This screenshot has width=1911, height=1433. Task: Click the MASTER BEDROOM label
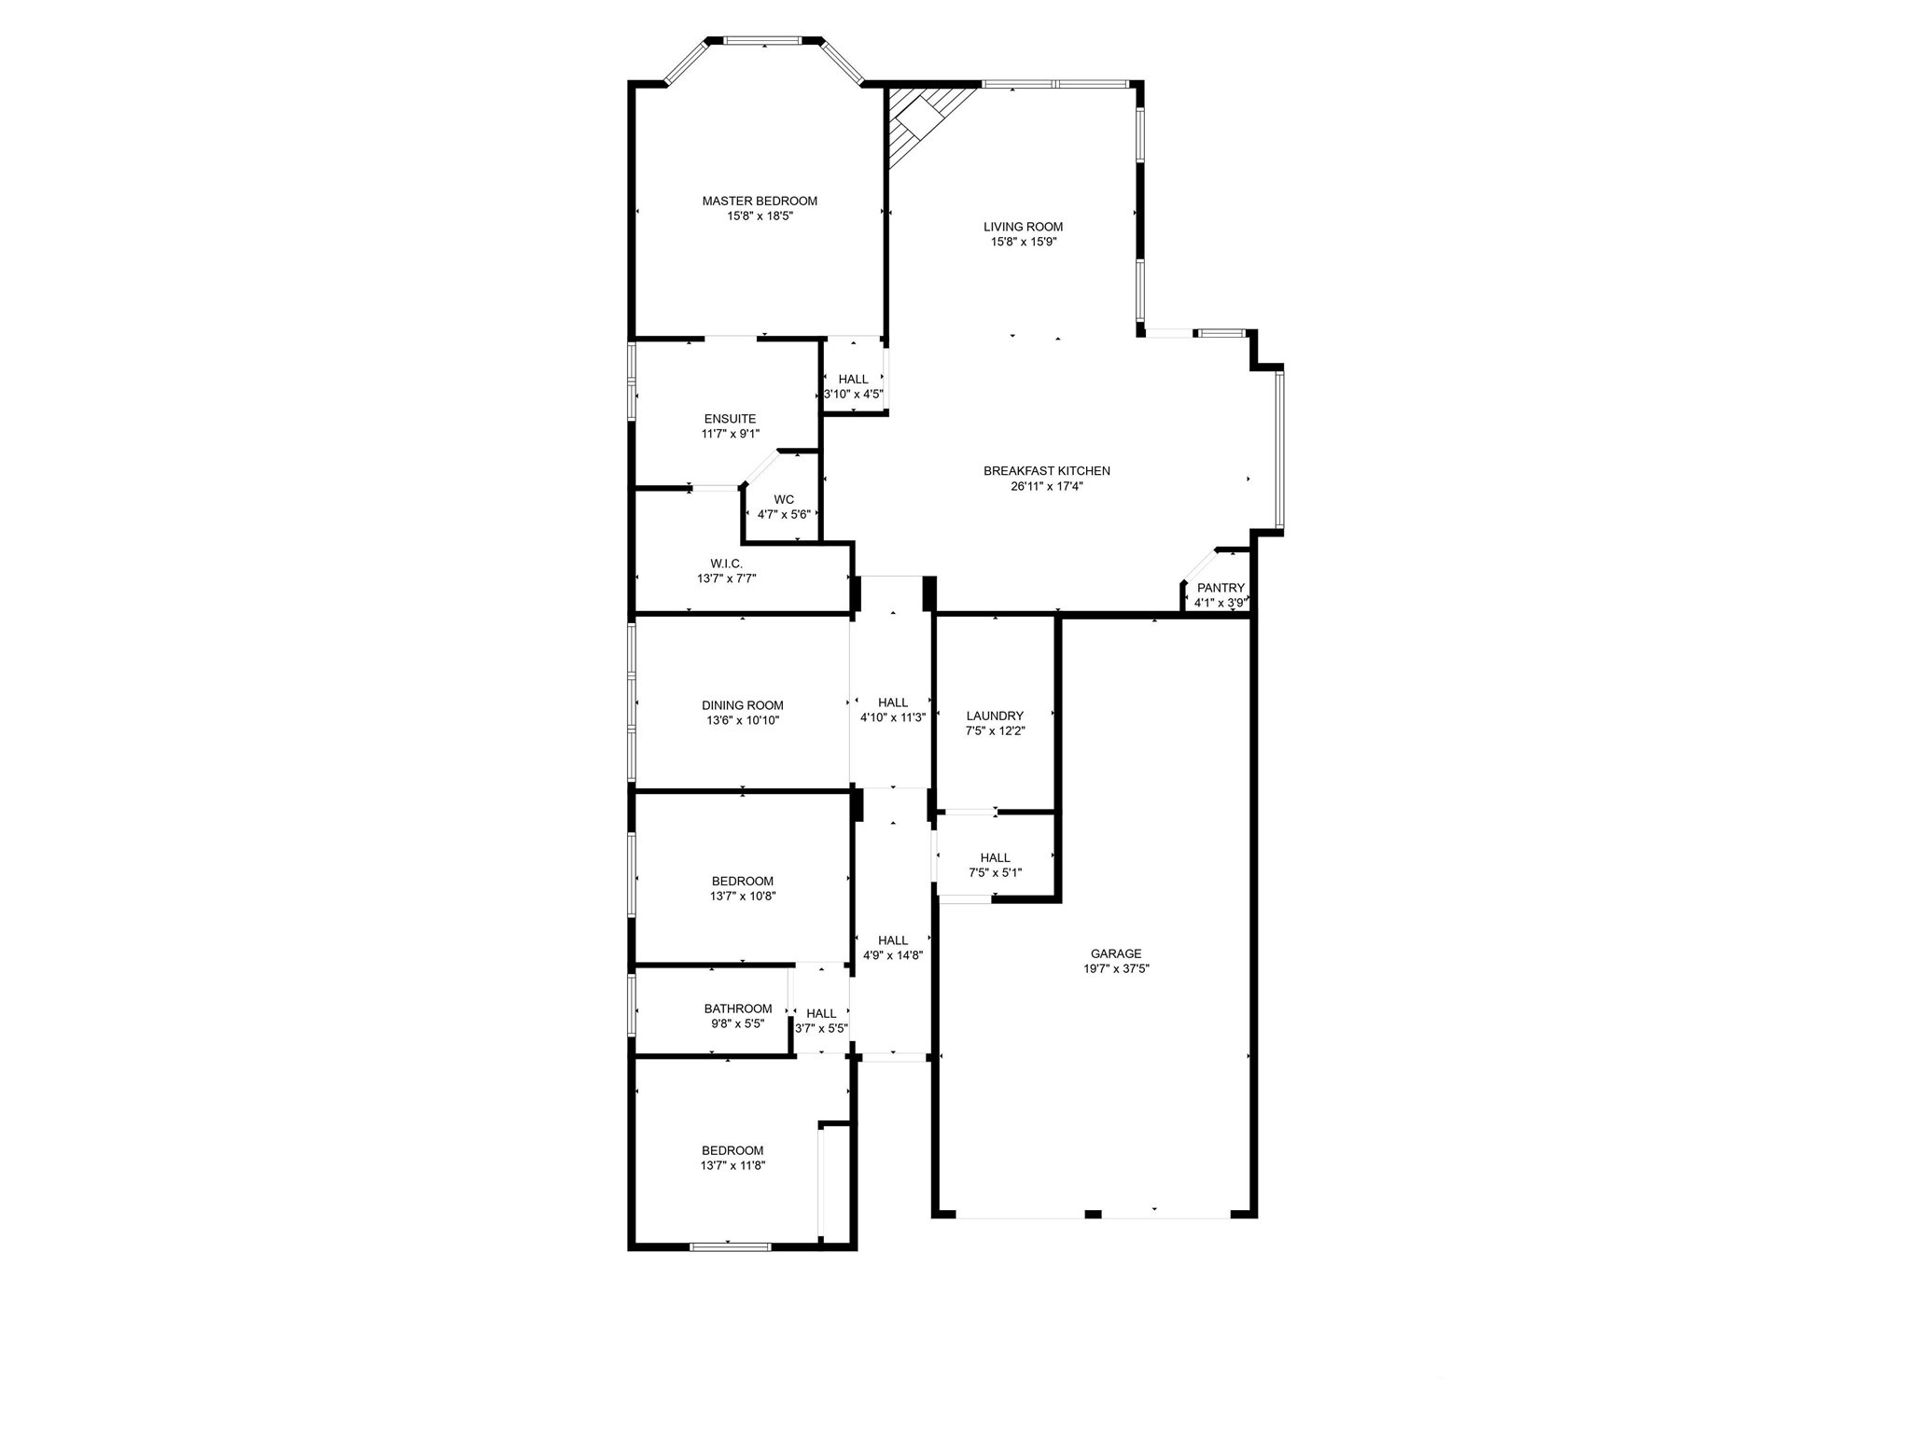pos(760,201)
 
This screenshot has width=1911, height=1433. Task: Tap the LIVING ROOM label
pos(1023,227)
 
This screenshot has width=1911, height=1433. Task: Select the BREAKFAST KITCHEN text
pos(1046,471)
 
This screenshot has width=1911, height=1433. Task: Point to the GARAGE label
pos(1116,953)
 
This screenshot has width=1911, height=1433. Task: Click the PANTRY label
pos(1221,588)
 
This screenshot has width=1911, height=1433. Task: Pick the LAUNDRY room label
pos(995,716)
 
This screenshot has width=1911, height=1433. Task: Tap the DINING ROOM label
pos(743,705)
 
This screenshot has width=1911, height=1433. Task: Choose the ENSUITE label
pos(730,419)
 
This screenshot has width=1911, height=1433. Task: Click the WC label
pos(784,499)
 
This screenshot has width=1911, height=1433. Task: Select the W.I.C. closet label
pos(726,563)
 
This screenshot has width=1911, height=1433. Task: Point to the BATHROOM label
pos(738,1009)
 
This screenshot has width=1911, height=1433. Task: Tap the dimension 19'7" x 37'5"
pos(1116,968)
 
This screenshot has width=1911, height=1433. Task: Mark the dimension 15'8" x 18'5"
pos(760,216)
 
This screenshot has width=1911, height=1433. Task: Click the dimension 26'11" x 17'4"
pos(1046,486)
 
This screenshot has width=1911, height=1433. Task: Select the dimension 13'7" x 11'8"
pos(733,1165)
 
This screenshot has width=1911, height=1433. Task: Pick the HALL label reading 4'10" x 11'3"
pos(893,703)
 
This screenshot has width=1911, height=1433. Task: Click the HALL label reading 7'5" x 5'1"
pos(995,857)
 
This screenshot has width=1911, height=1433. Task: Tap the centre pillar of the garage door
pos(1093,1214)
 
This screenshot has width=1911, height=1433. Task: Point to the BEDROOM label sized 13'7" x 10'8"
pos(743,881)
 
